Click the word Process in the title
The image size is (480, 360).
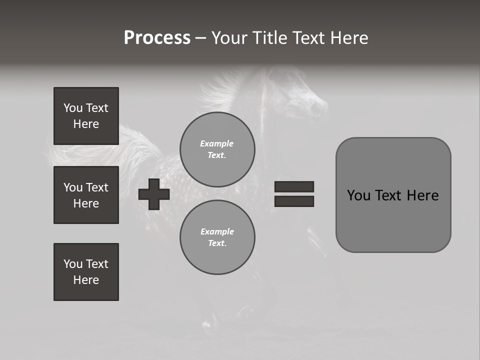[157, 38]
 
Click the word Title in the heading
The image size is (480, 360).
[269, 38]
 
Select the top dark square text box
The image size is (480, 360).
[86, 116]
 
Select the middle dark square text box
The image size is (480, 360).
[86, 195]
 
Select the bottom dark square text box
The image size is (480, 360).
[86, 271]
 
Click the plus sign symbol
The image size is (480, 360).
[154, 194]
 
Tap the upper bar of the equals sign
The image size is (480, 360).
[294, 186]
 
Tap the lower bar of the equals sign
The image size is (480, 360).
[294, 201]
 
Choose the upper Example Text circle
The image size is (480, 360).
[217, 149]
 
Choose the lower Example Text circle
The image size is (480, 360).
[217, 237]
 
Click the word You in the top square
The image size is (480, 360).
[73, 108]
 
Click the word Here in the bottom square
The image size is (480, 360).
[86, 280]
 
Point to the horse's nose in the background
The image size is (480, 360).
[318, 107]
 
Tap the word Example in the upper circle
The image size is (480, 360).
[216, 143]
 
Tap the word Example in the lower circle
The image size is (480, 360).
[217, 231]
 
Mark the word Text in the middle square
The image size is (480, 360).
[97, 187]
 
